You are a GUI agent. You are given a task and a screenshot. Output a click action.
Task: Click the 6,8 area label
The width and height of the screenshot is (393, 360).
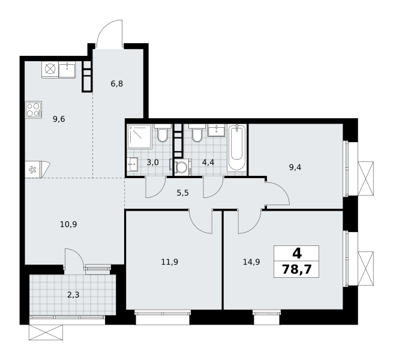117,83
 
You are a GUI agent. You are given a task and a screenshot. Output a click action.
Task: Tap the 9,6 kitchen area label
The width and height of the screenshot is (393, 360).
59,119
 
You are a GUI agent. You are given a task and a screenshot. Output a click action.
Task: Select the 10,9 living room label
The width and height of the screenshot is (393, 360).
68,224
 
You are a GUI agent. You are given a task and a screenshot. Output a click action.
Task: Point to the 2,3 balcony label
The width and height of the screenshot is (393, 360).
73,295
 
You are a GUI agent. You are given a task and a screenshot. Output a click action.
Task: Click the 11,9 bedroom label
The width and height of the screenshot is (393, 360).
169,262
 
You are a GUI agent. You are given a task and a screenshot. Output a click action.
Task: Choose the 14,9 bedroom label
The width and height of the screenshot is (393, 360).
251,262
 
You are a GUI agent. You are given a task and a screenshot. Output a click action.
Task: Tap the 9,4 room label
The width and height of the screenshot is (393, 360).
295,167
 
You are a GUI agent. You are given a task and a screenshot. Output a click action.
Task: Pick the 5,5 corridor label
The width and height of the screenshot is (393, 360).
183,193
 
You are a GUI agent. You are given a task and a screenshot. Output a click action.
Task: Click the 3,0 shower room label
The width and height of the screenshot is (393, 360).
152,163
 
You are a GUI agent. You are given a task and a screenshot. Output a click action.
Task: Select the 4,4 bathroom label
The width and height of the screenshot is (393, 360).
208,163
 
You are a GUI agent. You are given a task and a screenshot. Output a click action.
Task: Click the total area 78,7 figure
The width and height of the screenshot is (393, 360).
296,270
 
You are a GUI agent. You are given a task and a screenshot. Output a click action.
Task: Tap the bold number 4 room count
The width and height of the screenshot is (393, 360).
297,253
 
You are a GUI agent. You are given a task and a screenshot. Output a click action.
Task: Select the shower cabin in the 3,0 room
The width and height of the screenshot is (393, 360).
139,136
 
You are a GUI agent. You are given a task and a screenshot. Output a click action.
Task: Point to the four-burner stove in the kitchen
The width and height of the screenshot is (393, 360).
34,110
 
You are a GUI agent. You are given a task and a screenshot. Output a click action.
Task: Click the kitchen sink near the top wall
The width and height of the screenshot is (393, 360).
67,70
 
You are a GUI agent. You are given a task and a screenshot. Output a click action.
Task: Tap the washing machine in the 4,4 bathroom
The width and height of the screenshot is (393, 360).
182,166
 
